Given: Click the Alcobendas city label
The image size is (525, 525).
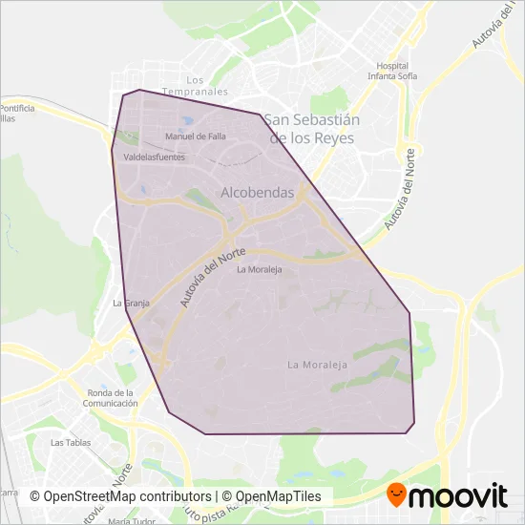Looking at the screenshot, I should (x=257, y=193).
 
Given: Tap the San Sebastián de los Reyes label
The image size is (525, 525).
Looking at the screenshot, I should (x=311, y=129).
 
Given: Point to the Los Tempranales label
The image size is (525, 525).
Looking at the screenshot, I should (x=196, y=86).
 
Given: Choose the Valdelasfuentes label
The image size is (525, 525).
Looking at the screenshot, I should (x=155, y=157).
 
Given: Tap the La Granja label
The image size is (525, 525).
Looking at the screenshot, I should (x=132, y=304).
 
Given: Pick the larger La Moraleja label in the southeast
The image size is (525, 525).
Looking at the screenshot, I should (x=317, y=365).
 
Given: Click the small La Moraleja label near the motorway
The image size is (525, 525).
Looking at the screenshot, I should (x=260, y=269).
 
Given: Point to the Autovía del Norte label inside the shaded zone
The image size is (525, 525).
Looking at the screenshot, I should (x=212, y=278).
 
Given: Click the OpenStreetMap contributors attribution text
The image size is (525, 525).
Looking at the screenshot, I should (x=120, y=497).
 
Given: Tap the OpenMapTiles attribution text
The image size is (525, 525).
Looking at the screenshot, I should (x=277, y=497).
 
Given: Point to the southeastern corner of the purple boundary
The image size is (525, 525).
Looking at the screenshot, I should (x=413, y=422).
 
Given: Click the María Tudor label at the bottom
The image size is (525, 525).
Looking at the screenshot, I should (x=132, y=521).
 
